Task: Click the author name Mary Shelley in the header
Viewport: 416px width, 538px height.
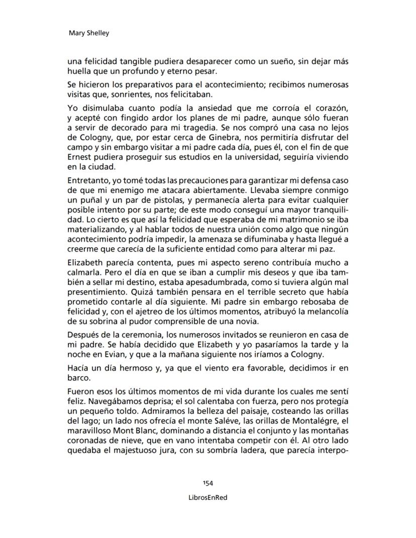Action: tap(88, 34)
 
